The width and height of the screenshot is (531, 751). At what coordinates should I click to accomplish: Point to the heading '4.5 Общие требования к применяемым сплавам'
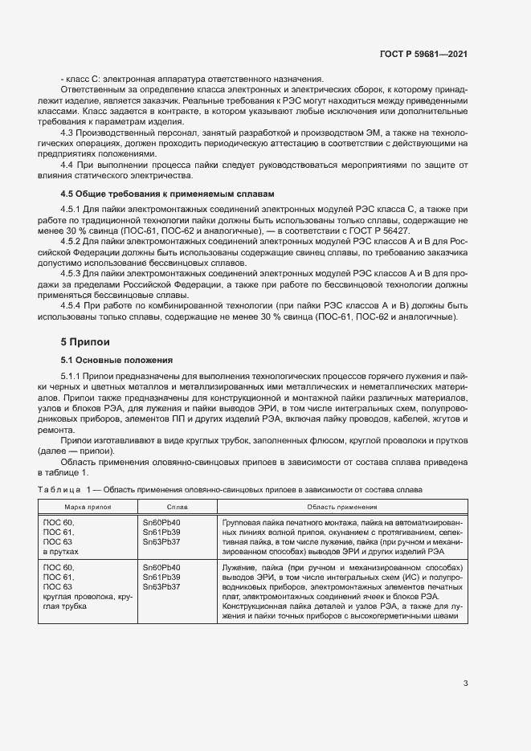pos(167,194)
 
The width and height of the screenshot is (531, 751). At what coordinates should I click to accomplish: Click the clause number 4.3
pos(68,131)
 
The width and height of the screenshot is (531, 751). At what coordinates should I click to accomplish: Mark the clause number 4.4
pos(68,163)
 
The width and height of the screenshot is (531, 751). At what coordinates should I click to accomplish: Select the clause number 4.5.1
pos(73,209)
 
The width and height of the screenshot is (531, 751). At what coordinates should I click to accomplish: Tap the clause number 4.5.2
pos(73,240)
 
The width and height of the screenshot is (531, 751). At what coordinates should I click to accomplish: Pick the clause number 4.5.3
pos(73,271)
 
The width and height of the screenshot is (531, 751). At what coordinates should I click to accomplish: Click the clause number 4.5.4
pos(73,304)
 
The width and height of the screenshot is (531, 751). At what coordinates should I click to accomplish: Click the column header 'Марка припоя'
pos(87,508)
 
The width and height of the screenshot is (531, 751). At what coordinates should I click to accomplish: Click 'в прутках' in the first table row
pos(61,553)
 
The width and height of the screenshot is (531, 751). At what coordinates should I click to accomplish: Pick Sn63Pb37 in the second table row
pos(161,587)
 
